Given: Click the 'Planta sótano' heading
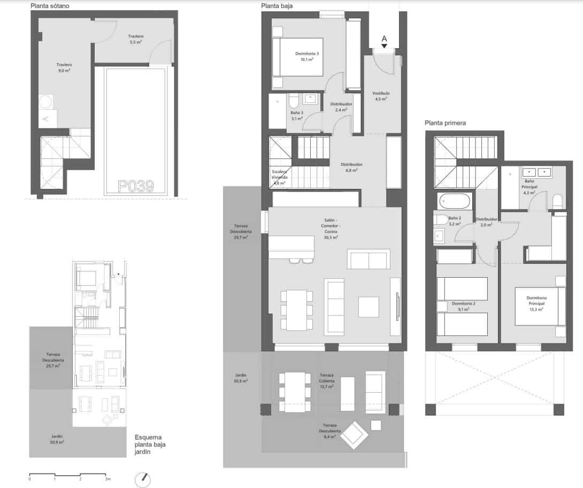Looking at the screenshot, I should point(50,6).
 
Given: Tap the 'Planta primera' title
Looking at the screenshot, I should point(445,123).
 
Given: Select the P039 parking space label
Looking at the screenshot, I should point(136,186).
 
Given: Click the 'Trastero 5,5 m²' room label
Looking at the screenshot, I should point(136,39).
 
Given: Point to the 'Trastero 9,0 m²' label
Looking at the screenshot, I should point(64,67).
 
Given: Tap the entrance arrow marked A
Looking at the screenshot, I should point(384,41).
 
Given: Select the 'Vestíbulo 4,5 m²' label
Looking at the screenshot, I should point(381,96).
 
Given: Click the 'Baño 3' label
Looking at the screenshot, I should point(297,116).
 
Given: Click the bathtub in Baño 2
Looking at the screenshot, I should point(454,202).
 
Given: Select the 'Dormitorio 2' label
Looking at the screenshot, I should point(459,306).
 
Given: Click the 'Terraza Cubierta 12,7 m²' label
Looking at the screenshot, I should point(326,380).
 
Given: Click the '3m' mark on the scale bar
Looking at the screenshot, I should point(108,479).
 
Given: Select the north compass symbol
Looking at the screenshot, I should point(143,479).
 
